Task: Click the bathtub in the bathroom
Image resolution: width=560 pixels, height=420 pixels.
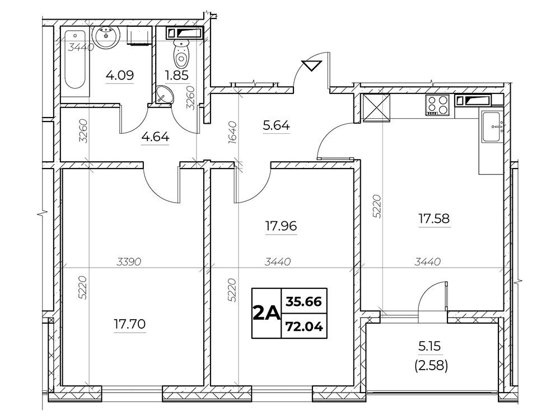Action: click(75, 59)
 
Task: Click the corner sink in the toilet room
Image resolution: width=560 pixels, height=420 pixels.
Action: click(165, 95)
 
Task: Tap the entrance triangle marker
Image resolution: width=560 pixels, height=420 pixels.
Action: click(312, 66)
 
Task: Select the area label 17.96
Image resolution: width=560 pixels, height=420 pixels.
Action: click(281, 226)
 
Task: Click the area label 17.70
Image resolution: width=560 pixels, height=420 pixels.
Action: click(130, 324)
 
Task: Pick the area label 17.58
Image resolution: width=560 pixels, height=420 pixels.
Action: click(435, 218)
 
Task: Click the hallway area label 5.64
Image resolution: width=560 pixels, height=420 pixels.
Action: click(277, 125)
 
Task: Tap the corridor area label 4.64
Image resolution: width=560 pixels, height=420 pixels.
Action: click(155, 137)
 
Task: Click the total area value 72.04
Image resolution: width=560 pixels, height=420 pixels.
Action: click(304, 326)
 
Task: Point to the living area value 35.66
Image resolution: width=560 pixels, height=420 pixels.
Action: click(304, 302)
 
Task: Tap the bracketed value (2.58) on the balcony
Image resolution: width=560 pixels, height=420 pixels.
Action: click(431, 366)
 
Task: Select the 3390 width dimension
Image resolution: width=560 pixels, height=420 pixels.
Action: click(129, 262)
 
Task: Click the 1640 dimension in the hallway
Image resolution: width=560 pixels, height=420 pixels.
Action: click(232, 133)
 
